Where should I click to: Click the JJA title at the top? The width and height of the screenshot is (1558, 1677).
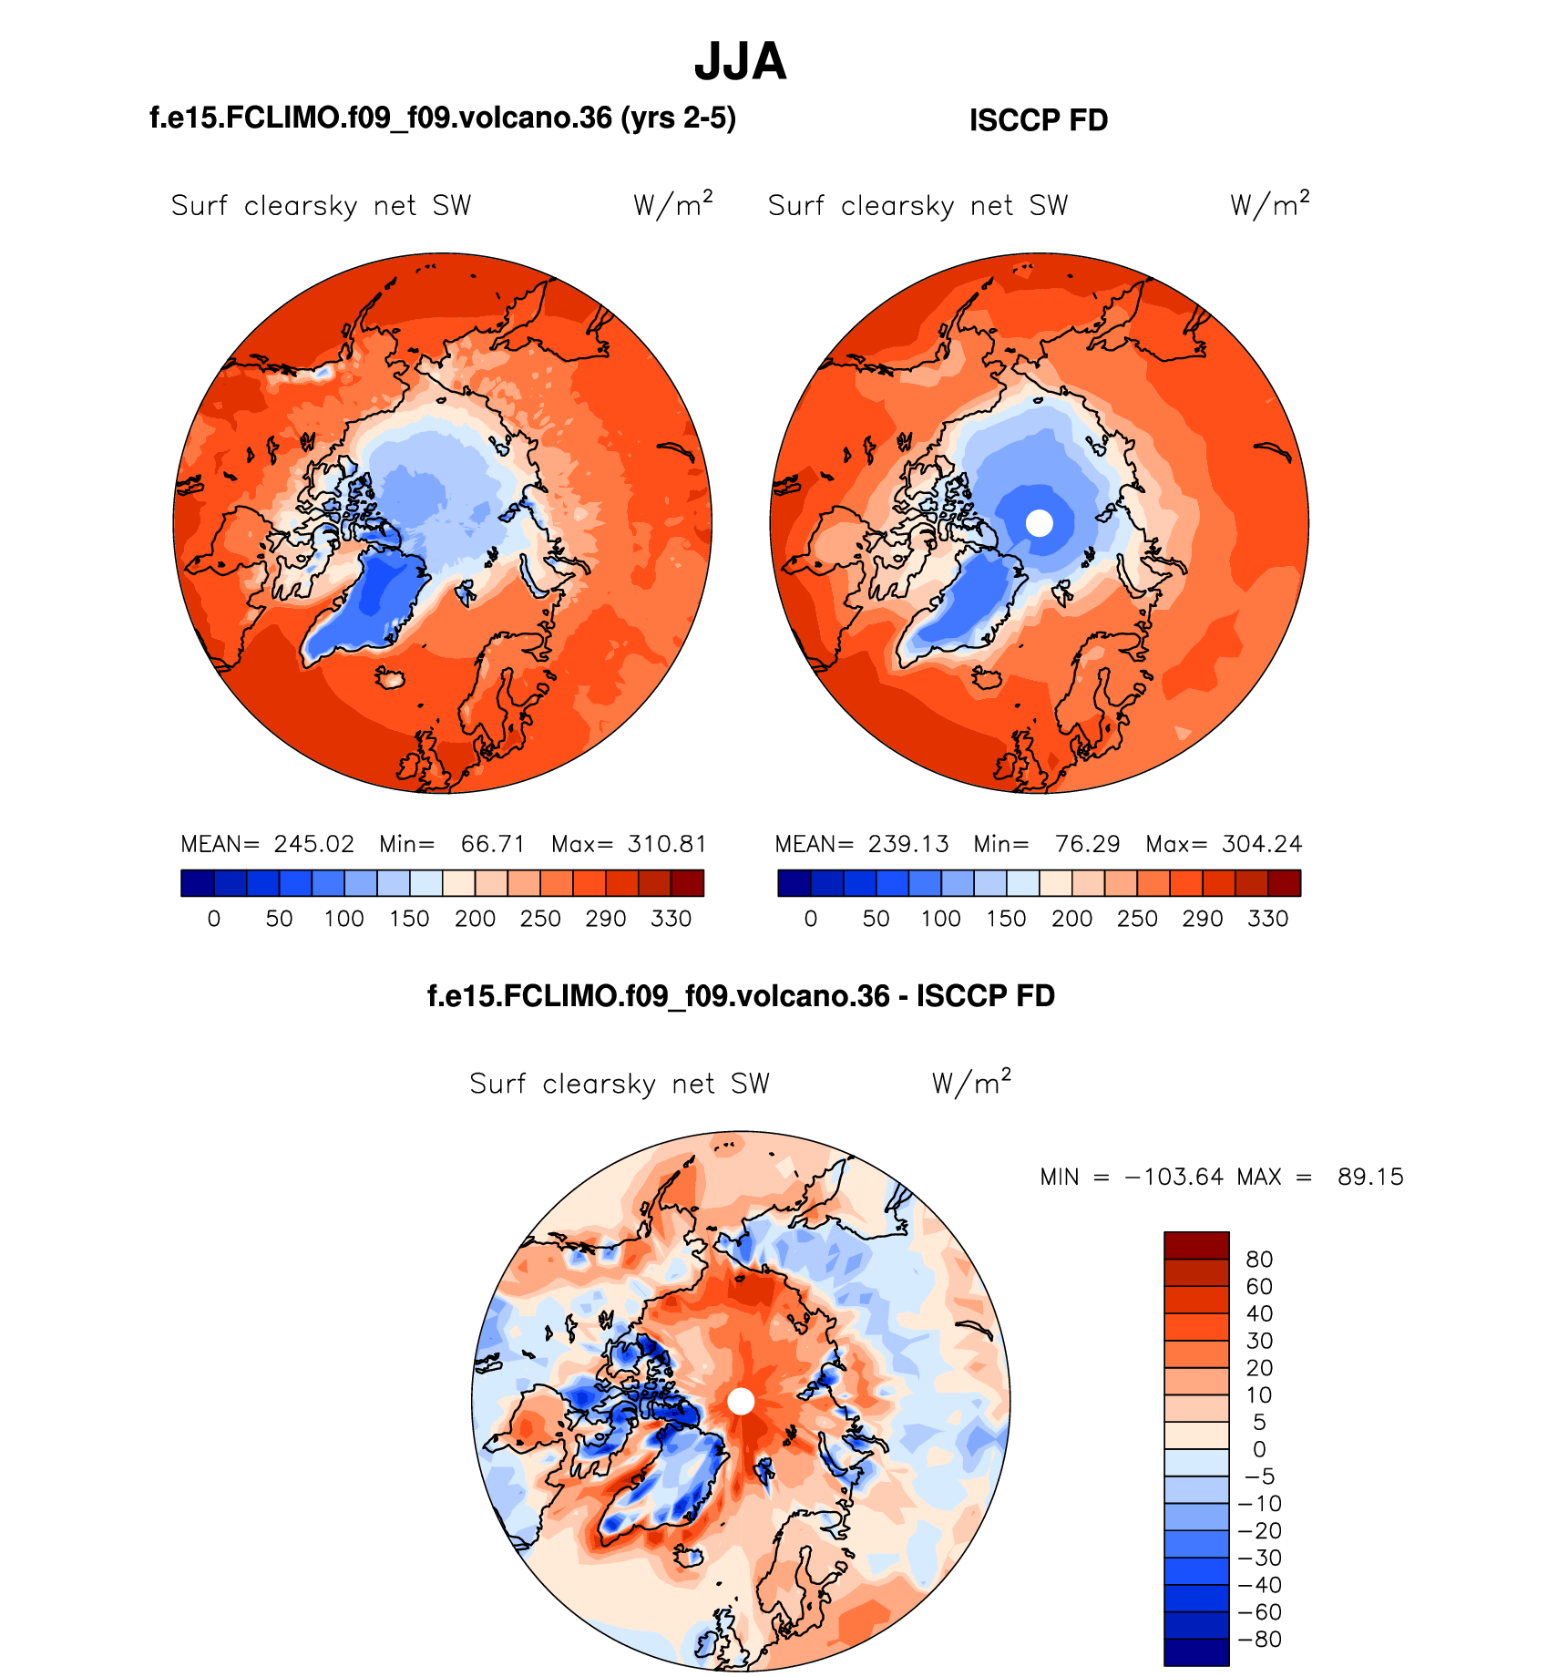click(x=740, y=62)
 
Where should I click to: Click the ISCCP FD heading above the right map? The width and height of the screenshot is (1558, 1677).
click(x=1038, y=120)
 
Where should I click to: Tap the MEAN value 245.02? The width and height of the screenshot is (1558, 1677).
click(x=313, y=844)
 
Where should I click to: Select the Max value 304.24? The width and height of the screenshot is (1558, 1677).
click(x=1262, y=844)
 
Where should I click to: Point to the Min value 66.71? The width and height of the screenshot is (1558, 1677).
click(x=493, y=844)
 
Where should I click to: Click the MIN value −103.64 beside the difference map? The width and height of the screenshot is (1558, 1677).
click(x=1174, y=1177)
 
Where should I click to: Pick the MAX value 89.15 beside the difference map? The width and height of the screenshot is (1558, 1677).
click(x=1370, y=1177)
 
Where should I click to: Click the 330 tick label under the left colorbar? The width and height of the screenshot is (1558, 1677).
click(x=671, y=919)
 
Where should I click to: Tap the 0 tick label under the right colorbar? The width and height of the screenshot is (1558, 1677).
click(x=811, y=919)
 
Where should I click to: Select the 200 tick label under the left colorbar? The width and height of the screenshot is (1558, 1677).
click(x=475, y=919)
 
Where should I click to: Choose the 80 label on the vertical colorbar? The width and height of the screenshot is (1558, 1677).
click(x=1259, y=1260)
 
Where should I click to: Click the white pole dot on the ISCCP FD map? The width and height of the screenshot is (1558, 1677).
click(x=1039, y=523)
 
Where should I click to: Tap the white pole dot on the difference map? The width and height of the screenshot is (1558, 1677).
click(x=741, y=1401)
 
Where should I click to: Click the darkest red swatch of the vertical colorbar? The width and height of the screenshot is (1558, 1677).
click(x=1196, y=1245)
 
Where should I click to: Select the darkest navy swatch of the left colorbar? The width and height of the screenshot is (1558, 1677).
click(x=197, y=883)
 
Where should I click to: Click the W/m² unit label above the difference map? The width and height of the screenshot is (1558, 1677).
click(x=970, y=1083)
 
